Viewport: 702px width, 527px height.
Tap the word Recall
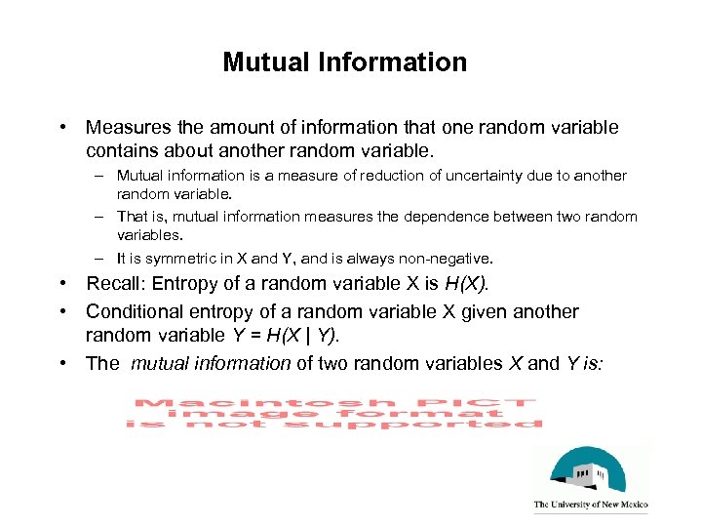point(113,284)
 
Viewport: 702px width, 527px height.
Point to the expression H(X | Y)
point(303,337)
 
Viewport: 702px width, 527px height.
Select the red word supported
point(475,425)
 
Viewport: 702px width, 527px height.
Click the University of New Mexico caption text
point(590,506)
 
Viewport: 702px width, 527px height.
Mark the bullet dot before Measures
point(62,128)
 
